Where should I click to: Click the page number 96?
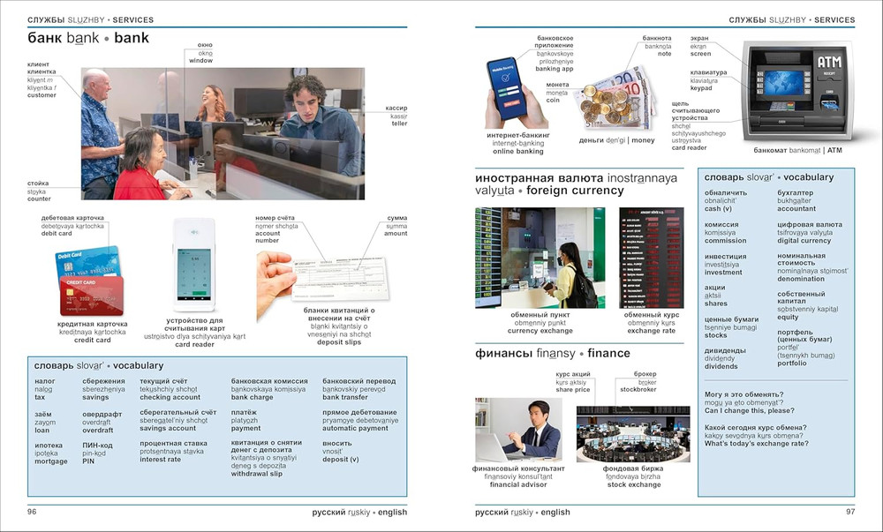click(32, 512)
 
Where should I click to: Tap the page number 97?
click(850, 512)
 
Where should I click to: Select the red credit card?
click(92, 296)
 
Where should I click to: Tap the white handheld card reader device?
click(193, 266)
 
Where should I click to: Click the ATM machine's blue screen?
click(783, 83)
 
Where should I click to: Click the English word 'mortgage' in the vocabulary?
click(50, 461)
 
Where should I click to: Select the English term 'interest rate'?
click(160, 460)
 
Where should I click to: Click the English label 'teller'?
click(399, 124)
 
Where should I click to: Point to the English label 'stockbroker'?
click(638, 389)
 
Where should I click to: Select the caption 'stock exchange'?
click(632, 484)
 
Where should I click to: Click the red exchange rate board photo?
click(651, 258)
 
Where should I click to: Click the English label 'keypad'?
click(700, 88)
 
